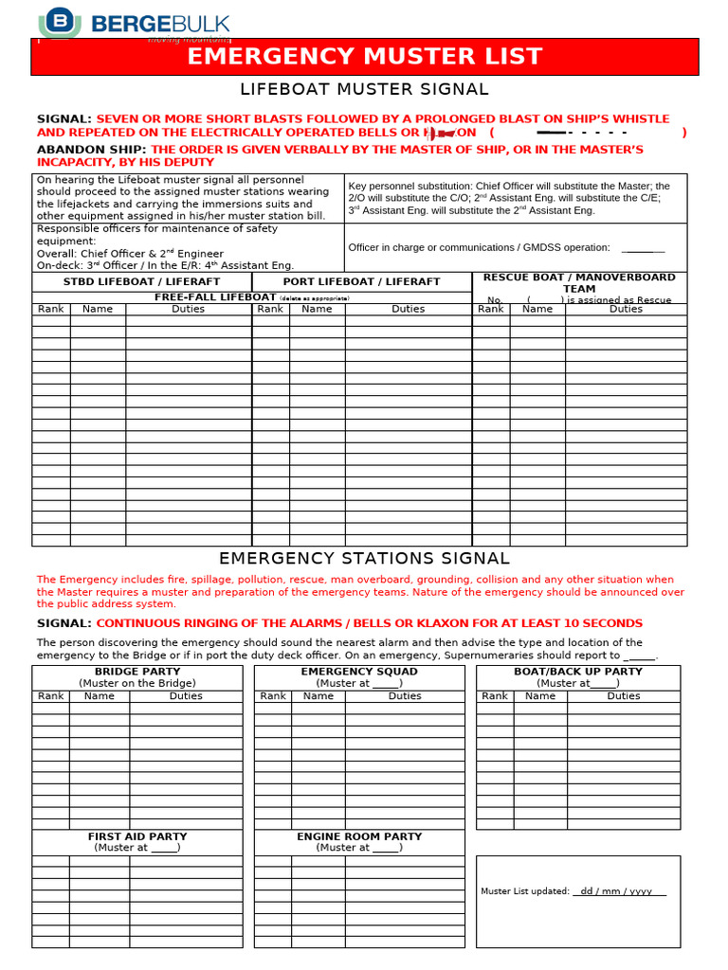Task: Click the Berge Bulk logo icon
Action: tap(61, 21)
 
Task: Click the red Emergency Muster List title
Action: tap(365, 57)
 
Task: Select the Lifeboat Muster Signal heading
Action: tap(365, 90)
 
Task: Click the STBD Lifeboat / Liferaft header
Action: tap(141, 282)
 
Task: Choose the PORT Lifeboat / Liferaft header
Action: tap(361, 282)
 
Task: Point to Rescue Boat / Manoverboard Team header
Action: tap(579, 282)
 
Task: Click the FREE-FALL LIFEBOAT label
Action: tap(215, 297)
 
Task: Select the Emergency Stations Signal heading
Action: tap(365, 559)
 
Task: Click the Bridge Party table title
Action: tap(137, 672)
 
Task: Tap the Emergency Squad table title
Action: tap(359, 672)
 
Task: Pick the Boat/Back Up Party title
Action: tap(577, 672)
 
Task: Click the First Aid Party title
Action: tap(137, 836)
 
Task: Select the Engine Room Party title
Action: tap(359, 836)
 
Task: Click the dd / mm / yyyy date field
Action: tap(620, 891)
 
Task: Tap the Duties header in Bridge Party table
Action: tap(186, 696)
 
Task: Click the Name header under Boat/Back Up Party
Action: tap(540, 696)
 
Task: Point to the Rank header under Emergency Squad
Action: tap(273, 696)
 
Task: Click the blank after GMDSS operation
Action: tap(643, 248)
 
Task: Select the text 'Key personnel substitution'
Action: tap(410, 187)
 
